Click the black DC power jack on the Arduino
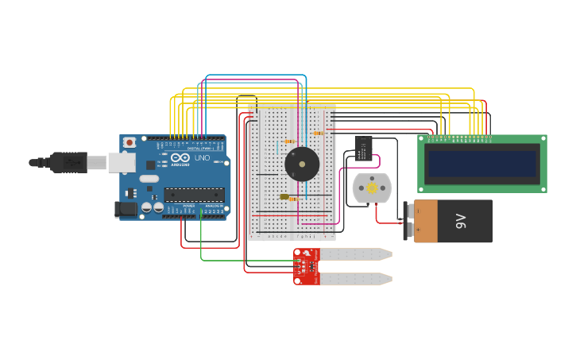(x=126, y=209)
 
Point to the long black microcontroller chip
(x=194, y=195)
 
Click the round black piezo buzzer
(x=302, y=165)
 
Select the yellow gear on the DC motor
(x=371, y=188)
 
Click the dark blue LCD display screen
(x=482, y=164)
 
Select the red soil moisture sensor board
(x=307, y=266)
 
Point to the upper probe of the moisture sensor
(x=354, y=254)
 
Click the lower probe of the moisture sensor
(x=354, y=279)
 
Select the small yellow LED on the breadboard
(x=284, y=196)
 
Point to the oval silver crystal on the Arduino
(x=149, y=179)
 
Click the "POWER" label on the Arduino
(x=188, y=206)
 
